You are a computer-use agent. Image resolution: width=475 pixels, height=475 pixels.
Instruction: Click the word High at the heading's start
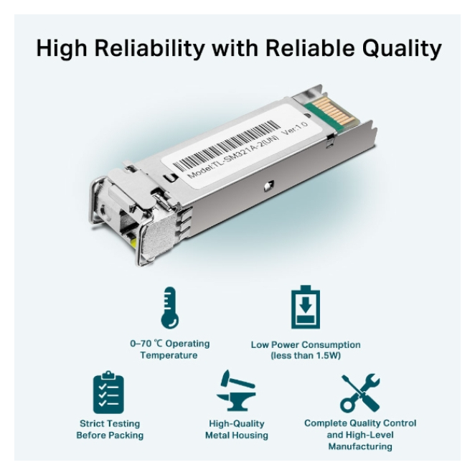(x=61, y=49)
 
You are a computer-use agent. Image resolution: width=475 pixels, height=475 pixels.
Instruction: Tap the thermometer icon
(x=169, y=308)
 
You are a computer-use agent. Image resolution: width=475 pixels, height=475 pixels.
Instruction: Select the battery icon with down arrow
(x=306, y=307)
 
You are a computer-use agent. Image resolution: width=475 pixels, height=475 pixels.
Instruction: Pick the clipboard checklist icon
(x=108, y=392)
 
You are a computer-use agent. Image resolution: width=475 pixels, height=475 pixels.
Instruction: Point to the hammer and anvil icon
(x=236, y=391)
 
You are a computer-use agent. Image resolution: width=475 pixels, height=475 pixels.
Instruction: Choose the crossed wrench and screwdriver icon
(x=360, y=393)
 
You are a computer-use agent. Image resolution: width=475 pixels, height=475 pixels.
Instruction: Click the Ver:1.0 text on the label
(x=295, y=128)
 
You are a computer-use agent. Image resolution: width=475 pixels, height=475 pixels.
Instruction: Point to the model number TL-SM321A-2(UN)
(x=232, y=156)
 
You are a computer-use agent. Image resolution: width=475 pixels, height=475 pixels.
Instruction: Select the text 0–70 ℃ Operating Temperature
(x=169, y=349)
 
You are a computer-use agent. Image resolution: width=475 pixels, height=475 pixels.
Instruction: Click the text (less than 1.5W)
(x=306, y=355)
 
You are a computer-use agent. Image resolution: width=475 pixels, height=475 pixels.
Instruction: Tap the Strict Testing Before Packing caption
(x=110, y=429)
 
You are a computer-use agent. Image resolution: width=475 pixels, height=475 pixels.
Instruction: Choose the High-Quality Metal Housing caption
(x=237, y=429)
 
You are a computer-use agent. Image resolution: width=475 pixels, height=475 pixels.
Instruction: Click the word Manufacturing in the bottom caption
(x=360, y=446)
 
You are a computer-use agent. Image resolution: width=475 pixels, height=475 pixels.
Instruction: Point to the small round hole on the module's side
(x=268, y=186)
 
